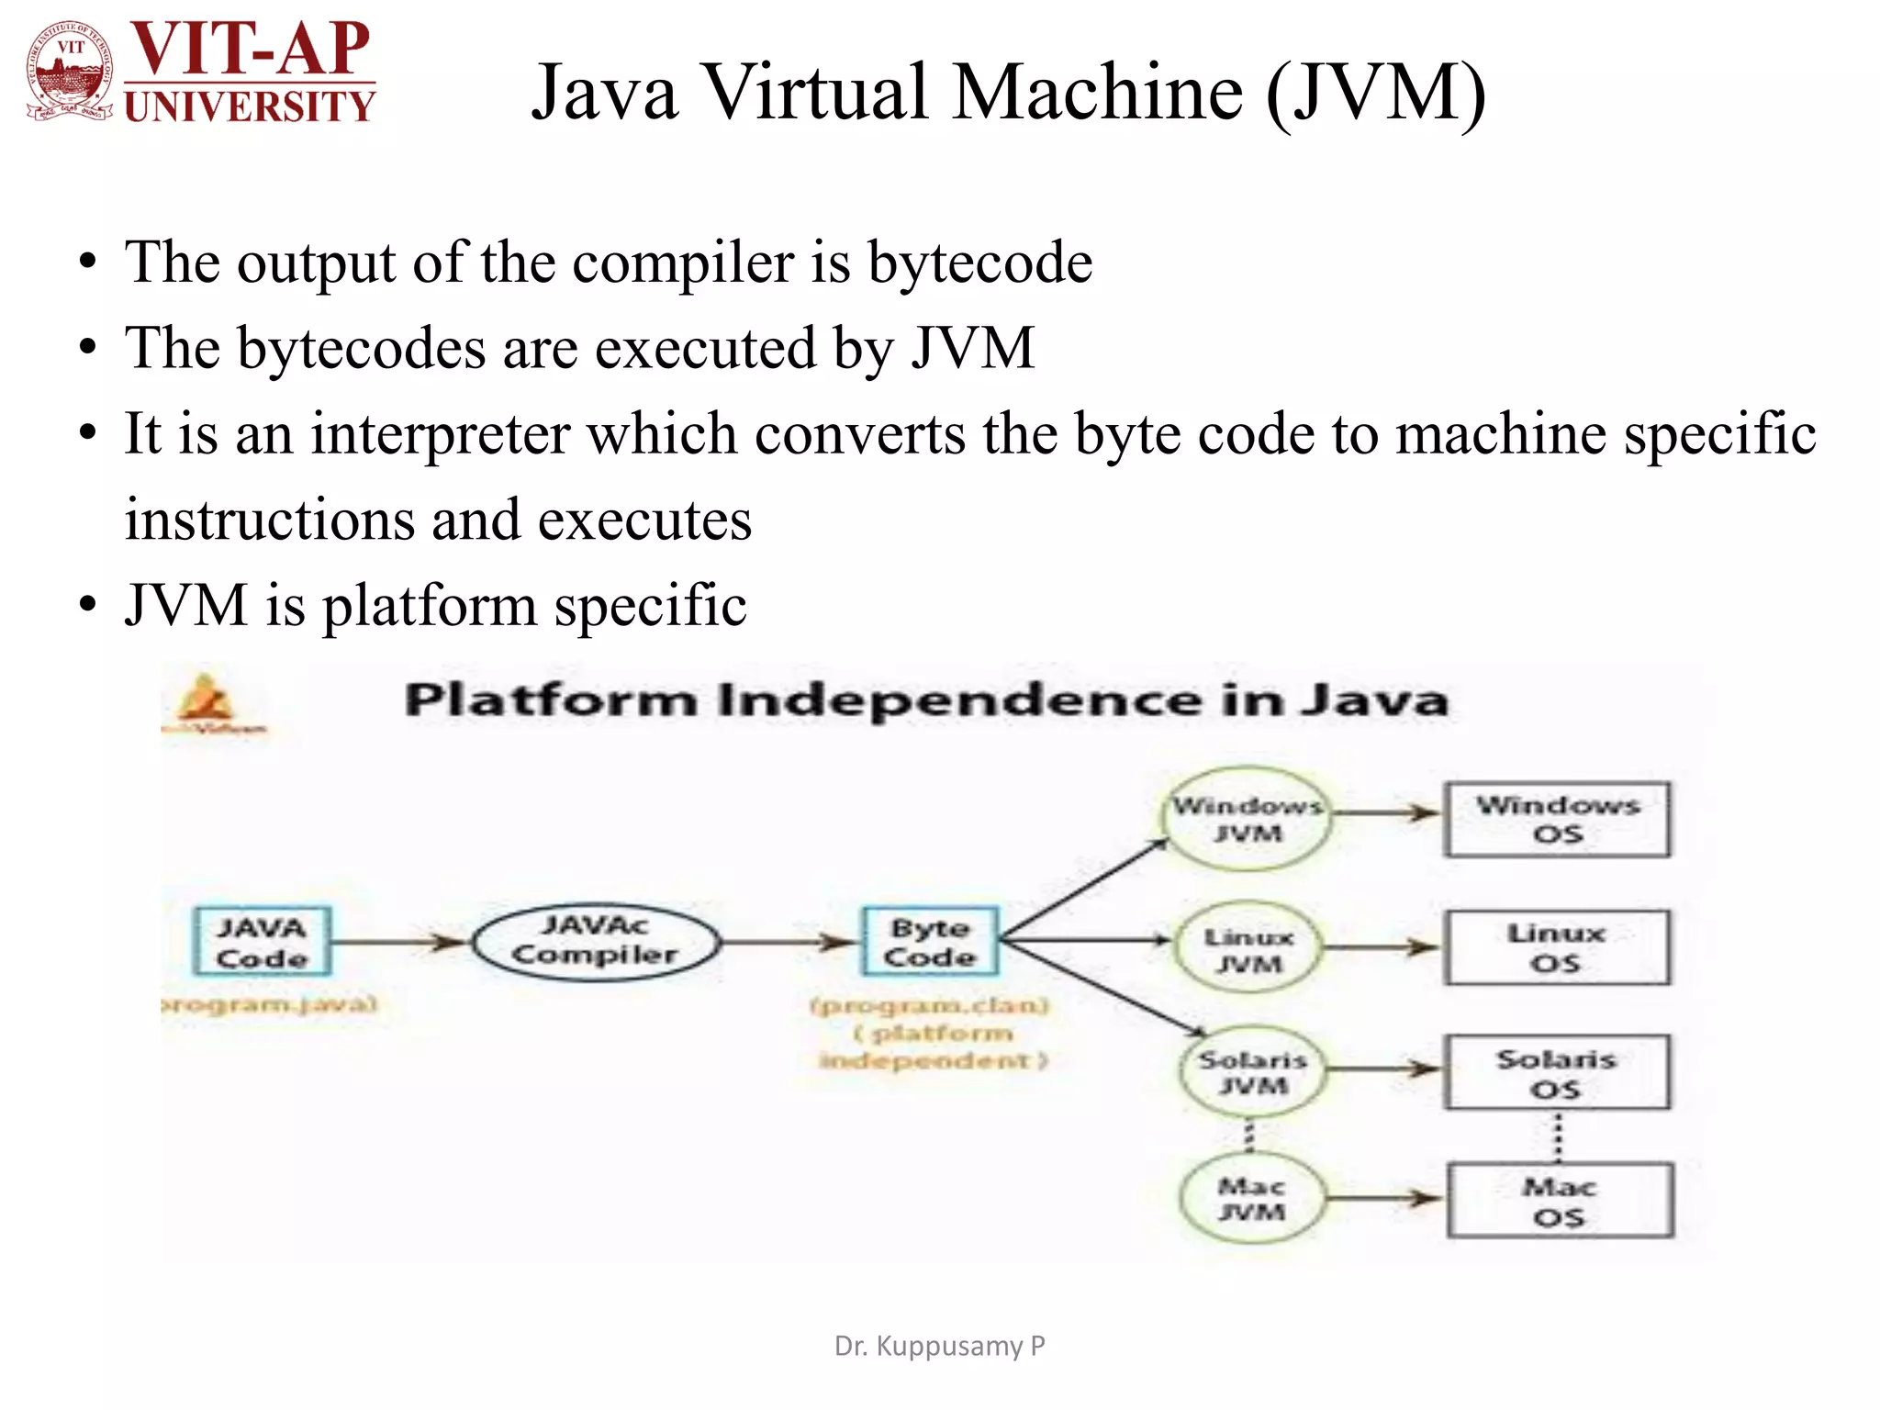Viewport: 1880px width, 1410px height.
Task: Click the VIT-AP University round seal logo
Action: (71, 71)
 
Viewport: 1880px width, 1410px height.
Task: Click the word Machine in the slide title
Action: (1097, 92)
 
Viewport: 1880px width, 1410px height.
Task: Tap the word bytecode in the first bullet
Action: (979, 263)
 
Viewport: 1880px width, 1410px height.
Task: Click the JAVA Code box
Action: (262, 942)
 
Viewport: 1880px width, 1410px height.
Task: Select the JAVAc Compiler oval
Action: (596, 941)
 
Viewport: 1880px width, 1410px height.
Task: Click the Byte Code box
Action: (930, 942)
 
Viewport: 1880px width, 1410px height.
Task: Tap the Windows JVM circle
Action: (1248, 819)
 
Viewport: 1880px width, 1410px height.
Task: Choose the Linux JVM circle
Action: (1248, 949)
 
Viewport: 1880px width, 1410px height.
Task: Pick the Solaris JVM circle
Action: (1252, 1072)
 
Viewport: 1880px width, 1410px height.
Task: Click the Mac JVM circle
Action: (1252, 1198)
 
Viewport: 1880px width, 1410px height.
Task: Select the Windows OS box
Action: (1557, 819)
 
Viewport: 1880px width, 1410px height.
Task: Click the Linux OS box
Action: (1557, 947)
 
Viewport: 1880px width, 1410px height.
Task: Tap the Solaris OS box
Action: (1557, 1073)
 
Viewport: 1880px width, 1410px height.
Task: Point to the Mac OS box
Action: (1560, 1201)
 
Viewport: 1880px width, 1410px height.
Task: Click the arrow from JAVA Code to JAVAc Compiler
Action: (400, 942)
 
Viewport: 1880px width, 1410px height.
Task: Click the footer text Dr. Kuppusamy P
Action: (939, 1346)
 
